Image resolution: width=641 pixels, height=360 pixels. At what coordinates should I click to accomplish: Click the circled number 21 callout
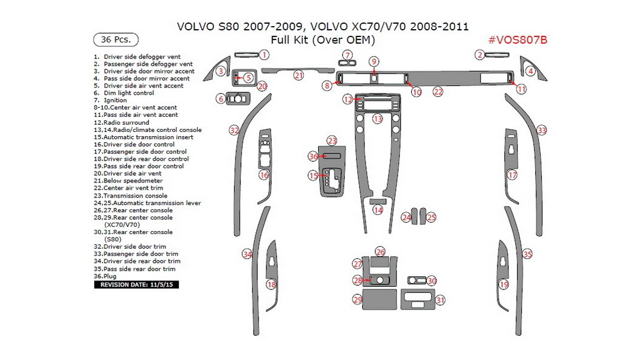299,75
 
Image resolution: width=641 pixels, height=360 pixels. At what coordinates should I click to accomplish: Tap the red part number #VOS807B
518,40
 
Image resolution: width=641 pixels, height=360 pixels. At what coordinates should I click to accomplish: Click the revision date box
136,284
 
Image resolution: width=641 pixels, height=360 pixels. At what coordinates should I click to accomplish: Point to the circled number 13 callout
378,119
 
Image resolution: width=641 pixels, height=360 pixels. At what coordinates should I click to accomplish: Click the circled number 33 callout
541,130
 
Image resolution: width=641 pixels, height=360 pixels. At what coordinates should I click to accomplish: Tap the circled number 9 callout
375,61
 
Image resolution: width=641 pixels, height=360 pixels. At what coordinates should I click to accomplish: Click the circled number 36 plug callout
313,157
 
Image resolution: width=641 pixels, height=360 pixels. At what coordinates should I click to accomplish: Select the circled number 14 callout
378,210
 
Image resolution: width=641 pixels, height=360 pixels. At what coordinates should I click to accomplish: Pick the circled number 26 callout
380,251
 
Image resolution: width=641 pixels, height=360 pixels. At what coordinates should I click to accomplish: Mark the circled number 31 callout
440,299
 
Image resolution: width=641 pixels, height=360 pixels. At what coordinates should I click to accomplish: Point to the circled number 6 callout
221,99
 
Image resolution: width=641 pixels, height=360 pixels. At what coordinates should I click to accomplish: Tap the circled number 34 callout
246,254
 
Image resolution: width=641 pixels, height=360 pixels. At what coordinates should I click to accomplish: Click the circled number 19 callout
504,284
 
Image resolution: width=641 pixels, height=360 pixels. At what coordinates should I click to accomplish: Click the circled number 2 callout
479,55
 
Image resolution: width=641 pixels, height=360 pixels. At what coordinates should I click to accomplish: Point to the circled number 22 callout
438,92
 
